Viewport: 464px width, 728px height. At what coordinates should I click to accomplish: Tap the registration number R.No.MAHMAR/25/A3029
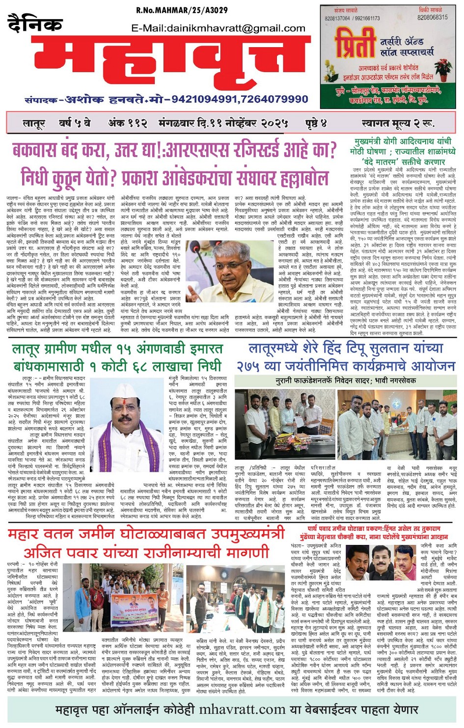182,10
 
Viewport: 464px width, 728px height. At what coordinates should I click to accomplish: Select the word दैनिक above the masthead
35,24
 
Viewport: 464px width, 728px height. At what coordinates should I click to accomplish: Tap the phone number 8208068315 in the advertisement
432,17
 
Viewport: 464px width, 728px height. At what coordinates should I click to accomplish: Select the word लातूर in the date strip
34,123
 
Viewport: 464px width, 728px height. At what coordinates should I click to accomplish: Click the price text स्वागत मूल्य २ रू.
398,123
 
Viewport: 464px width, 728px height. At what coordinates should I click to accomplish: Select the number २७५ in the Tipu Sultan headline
251,366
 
